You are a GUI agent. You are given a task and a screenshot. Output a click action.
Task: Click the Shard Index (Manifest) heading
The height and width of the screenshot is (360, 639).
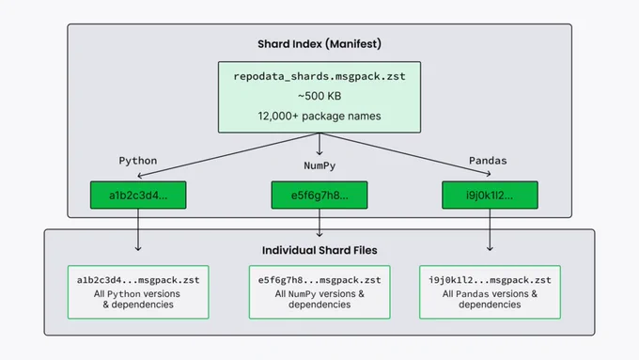pos(319,44)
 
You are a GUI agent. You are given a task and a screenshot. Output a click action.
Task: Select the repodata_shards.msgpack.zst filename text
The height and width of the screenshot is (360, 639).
pos(319,77)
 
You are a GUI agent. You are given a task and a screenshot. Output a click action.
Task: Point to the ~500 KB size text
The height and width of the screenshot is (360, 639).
pos(319,96)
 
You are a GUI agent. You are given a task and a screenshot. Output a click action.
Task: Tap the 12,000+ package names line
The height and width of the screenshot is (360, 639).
pos(319,117)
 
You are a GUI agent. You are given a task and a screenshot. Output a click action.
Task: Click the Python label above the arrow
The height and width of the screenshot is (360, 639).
pos(138,161)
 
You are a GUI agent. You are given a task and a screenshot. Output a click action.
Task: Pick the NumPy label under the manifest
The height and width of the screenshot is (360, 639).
pos(319,165)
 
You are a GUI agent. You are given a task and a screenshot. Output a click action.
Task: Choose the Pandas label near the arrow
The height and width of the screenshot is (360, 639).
pos(488,161)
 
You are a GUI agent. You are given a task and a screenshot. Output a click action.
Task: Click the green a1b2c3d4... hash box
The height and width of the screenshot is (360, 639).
pos(138,196)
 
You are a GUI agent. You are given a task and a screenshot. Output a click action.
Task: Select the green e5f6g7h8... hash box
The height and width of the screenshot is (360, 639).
pos(319,196)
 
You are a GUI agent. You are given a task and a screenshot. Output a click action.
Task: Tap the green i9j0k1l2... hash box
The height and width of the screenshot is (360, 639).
pos(490,196)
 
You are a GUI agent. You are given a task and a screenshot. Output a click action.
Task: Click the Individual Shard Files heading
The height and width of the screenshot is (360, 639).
pos(319,250)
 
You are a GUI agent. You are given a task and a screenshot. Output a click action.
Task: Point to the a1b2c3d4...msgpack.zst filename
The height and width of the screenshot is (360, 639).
pos(138,280)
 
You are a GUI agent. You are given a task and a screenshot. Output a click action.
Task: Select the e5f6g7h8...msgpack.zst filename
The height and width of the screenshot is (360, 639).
pos(319,280)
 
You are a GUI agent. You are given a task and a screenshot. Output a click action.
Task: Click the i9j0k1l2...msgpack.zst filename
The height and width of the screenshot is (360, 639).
pos(490,280)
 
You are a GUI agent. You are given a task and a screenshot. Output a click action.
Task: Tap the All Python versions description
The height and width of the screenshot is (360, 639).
pos(137,299)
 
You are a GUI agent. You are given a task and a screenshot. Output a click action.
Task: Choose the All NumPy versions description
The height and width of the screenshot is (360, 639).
pos(319,299)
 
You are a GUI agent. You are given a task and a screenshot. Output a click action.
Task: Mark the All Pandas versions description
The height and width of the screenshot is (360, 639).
pos(490,299)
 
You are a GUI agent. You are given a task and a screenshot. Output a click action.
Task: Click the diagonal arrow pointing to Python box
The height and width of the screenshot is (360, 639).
pos(228,154)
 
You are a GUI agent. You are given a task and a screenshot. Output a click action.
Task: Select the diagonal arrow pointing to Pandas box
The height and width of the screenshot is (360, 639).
pos(406,154)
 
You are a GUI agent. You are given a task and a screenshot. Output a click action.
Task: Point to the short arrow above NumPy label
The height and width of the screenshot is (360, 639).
pos(319,144)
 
